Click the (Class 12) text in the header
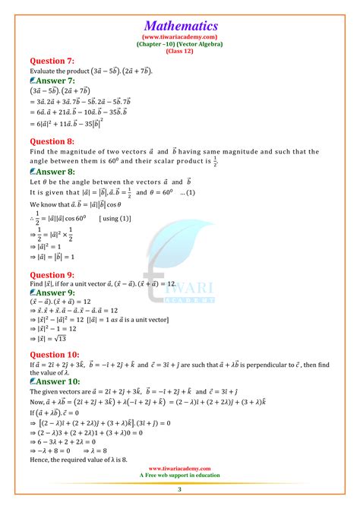tap(180, 50)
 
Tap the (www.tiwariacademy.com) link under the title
tap(180, 36)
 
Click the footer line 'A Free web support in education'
tap(180, 477)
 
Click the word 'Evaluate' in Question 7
tap(45, 71)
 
